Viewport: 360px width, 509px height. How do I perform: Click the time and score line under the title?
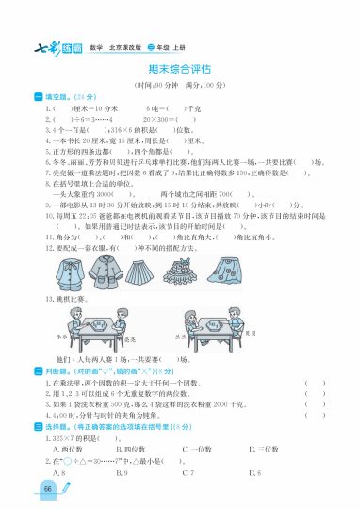179,85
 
